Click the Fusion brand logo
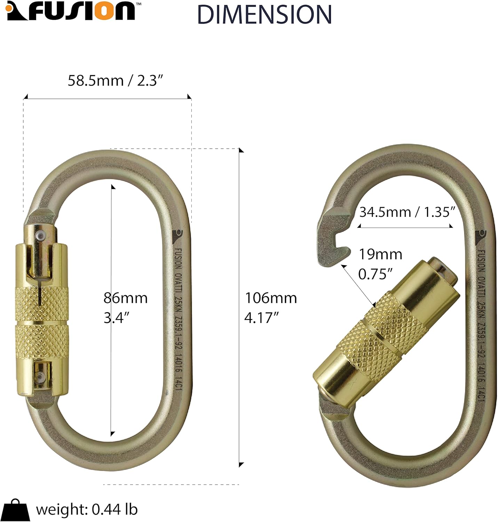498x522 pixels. (x=71, y=11)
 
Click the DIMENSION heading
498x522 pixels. (x=264, y=15)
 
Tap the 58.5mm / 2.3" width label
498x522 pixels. (x=115, y=81)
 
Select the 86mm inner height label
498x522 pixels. (x=126, y=298)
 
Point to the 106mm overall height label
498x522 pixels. (x=271, y=298)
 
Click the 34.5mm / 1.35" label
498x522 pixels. (x=407, y=212)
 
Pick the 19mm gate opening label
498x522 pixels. (x=380, y=254)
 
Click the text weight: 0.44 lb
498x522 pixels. (x=87, y=509)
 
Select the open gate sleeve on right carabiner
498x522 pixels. (x=386, y=324)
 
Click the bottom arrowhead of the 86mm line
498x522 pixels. (x=112, y=434)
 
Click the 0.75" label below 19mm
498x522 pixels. (x=375, y=275)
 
